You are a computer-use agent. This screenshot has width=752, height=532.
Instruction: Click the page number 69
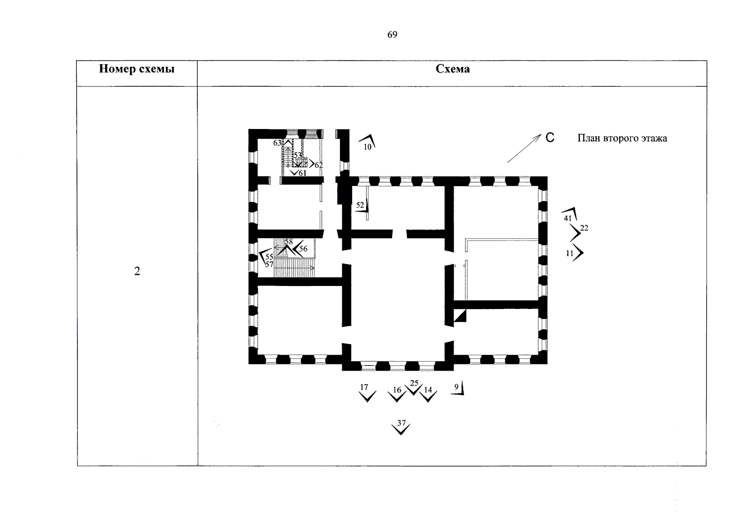pos(392,35)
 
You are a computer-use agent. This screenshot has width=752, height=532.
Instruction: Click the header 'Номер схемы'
pos(137,69)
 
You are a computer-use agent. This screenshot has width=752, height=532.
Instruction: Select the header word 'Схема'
pos(452,69)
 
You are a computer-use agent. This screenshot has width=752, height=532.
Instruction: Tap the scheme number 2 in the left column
pos(137,271)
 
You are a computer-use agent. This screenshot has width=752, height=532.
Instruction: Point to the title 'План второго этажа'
pos(622,138)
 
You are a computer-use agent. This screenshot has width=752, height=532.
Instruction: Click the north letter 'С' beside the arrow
pos(550,138)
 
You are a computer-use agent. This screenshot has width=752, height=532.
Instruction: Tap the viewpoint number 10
pos(368,147)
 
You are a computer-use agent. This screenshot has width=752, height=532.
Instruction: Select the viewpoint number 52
pos(360,205)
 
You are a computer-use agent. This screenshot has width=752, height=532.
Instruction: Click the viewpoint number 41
pos(568,218)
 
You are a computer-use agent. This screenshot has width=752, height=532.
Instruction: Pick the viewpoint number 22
pos(584,228)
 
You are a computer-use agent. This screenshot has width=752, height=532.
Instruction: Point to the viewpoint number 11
pos(570,254)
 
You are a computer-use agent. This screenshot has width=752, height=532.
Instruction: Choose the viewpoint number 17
pos(364,387)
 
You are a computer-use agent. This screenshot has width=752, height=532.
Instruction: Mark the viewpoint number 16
pos(397,390)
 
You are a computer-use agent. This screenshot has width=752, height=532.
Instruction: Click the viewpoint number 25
pos(414,383)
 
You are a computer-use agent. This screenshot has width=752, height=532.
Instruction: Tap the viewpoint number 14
pos(428,390)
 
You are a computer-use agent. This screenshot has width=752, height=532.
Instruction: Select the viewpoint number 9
pos(456,387)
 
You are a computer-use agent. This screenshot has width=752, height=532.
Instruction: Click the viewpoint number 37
pos(401,422)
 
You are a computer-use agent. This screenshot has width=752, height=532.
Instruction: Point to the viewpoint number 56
pos(303,249)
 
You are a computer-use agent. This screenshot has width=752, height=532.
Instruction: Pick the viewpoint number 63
pos(277,143)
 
